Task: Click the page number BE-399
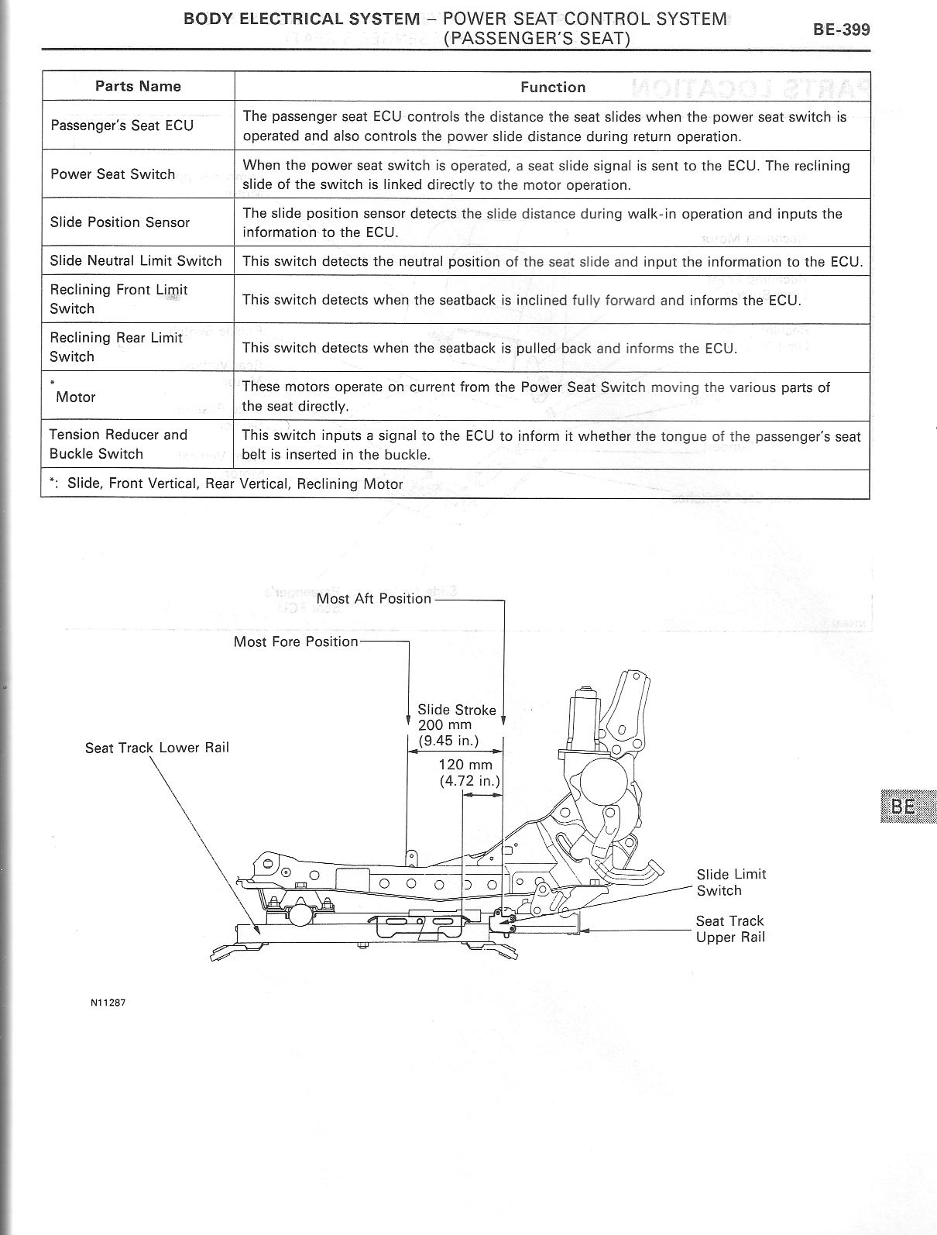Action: pos(841,29)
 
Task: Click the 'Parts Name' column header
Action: pos(138,86)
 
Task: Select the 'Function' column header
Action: pos(553,87)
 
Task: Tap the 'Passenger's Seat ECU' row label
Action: pos(122,125)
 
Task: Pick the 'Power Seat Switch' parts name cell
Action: pos(113,174)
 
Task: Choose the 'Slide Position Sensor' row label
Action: pos(120,222)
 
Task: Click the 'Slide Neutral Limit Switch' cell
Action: pos(136,260)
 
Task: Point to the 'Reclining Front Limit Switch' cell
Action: pos(118,299)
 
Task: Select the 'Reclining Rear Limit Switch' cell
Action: pos(116,347)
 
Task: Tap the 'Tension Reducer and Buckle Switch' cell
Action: pos(118,444)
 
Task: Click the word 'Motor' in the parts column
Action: pos(75,397)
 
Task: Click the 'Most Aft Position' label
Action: pos(373,598)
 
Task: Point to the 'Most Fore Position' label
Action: pos(296,642)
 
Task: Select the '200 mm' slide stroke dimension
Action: pos(444,725)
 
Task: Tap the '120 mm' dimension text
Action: pos(465,765)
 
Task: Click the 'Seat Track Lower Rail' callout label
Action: pos(157,748)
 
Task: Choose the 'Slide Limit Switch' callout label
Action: pos(730,882)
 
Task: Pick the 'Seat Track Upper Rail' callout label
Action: pos(729,929)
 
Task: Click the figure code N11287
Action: pos(108,1003)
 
